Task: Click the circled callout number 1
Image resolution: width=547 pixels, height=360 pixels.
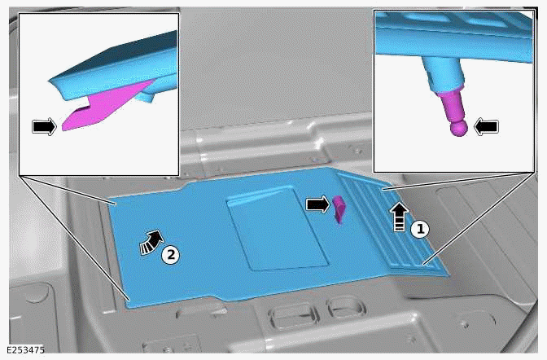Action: pos(419,230)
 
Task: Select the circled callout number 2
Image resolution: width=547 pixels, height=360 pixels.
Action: pos(169,254)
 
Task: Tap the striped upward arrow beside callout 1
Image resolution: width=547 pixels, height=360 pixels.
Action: pos(398,218)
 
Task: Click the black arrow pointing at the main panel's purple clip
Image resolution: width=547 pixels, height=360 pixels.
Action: pos(316,204)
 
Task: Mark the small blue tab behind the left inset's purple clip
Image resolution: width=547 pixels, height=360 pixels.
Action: pos(147,96)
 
